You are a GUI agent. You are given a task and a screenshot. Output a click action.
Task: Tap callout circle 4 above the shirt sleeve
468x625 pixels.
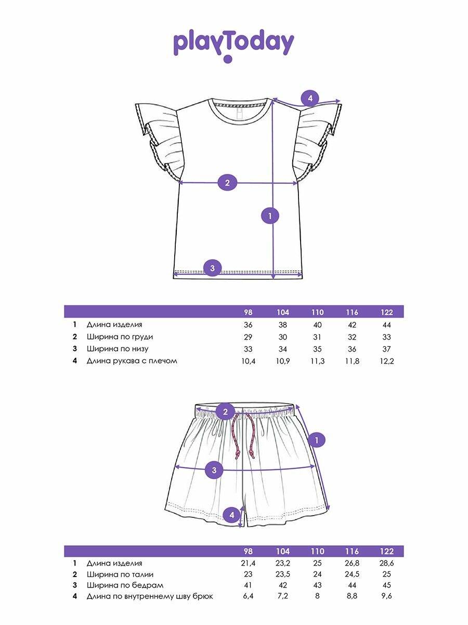310,97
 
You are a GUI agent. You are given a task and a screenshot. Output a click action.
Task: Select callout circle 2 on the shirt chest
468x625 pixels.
227,183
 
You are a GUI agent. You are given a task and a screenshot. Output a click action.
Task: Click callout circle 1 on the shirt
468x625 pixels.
270,215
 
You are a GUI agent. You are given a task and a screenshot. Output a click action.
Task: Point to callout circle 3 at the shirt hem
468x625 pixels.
212,268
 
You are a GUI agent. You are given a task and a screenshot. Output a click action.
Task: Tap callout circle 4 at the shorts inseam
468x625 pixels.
232,515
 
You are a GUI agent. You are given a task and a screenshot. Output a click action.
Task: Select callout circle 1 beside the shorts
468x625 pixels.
317,440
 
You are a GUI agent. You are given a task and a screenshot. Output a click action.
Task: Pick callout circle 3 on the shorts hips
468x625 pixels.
214,470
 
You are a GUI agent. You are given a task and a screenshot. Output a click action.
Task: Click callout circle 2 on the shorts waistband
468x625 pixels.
225,412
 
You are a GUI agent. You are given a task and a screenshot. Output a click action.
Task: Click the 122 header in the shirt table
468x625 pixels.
386,312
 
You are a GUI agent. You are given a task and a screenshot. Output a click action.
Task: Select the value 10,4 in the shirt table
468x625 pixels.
248,361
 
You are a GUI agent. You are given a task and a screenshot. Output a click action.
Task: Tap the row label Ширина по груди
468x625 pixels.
120,337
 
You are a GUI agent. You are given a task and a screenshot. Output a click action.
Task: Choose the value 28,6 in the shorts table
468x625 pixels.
386,564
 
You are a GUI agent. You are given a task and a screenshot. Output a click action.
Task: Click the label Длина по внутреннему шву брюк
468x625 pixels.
150,597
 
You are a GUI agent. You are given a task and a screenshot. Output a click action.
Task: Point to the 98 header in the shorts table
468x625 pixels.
248,552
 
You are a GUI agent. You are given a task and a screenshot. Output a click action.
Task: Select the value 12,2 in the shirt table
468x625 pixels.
386,361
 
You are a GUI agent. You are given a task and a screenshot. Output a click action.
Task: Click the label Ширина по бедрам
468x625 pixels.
118,586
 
